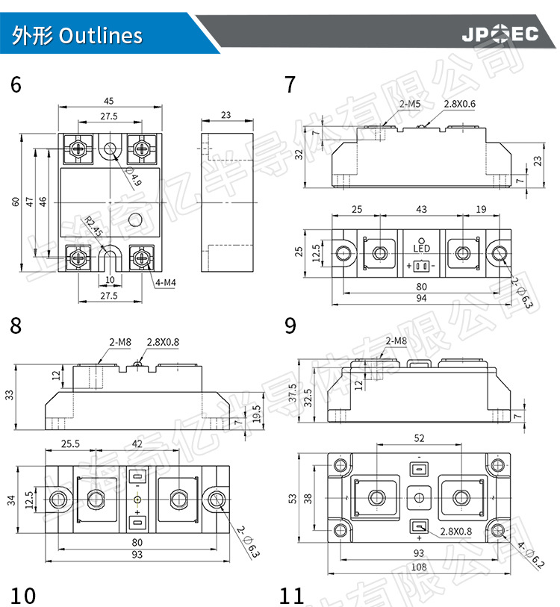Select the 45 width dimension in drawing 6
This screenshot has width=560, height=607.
point(109,101)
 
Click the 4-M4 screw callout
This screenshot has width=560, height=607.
point(166,282)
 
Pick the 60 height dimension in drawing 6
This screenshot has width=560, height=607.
point(15,202)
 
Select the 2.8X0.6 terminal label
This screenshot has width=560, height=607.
point(460,105)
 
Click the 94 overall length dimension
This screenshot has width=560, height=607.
point(422,299)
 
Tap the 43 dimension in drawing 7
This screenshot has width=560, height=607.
point(421,211)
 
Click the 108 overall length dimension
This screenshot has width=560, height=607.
point(419,567)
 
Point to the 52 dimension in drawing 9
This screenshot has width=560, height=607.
point(419,438)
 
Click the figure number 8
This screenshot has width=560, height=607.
point(16,326)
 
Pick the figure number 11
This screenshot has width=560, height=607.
point(292,596)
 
